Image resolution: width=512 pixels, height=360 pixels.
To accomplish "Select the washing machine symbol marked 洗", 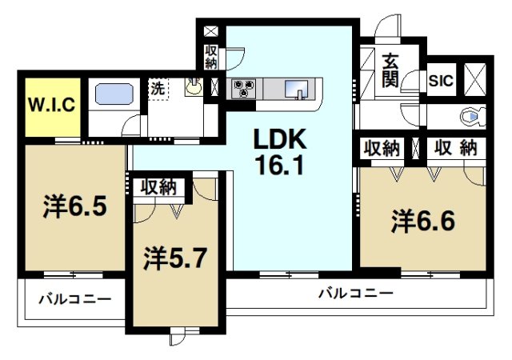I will pos(157,90).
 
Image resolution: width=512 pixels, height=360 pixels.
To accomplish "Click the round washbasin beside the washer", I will pos(194,89).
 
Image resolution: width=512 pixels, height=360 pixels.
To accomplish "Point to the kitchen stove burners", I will pos(244,86).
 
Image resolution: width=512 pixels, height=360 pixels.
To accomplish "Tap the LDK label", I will pos(282,141).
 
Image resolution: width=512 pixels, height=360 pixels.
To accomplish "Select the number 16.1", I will pos(282,167).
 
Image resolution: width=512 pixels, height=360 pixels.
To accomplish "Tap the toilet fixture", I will pos(471,118).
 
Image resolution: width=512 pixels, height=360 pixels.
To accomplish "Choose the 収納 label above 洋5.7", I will pos(159,188).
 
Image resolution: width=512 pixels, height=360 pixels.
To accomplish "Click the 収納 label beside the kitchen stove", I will pos(211,57).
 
